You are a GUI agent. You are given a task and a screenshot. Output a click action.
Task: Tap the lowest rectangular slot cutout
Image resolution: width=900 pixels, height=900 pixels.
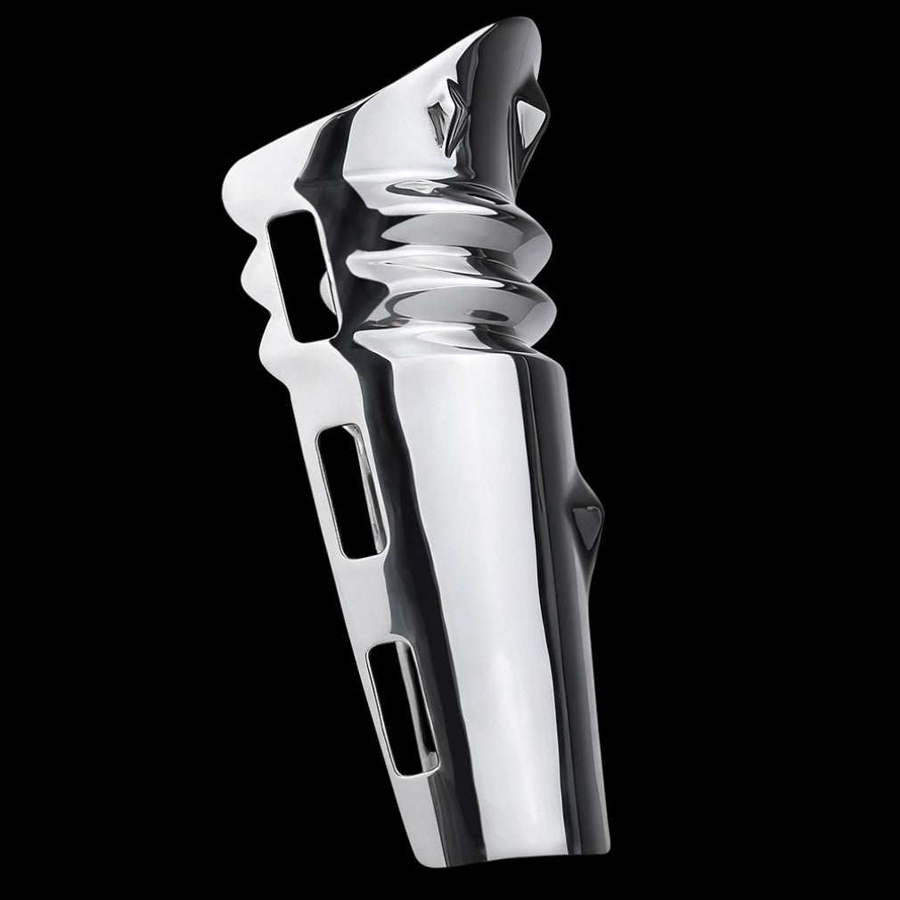click(x=399, y=706)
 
